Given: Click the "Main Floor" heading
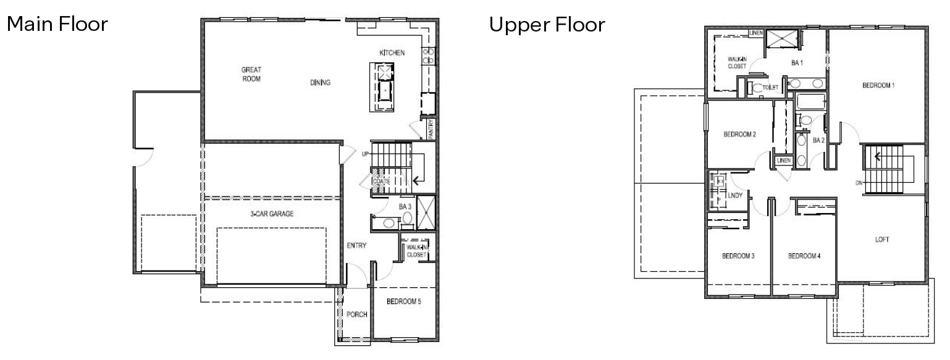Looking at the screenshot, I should pyautogui.click(x=57, y=25).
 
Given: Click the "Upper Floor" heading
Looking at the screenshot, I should pyautogui.click(x=547, y=25).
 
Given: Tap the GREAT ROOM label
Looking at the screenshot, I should pyautogui.click(x=251, y=74).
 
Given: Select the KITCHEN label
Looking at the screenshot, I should pyautogui.click(x=392, y=53).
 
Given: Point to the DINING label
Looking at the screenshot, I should pyautogui.click(x=321, y=83).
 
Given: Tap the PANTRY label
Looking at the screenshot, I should pyautogui.click(x=431, y=130).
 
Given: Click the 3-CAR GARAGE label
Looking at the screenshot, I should pyautogui.click(x=272, y=214).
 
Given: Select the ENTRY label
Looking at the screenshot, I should pyautogui.click(x=356, y=245).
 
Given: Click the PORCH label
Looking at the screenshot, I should pyautogui.click(x=356, y=314).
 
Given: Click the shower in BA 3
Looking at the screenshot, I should pyautogui.click(x=426, y=212).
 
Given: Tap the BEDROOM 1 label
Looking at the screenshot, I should pyautogui.click(x=878, y=85).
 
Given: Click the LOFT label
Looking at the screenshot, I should pyautogui.click(x=882, y=240).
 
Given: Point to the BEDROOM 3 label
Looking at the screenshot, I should pyautogui.click(x=739, y=256).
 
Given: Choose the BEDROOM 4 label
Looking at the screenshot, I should pyautogui.click(x=804, y=256).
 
